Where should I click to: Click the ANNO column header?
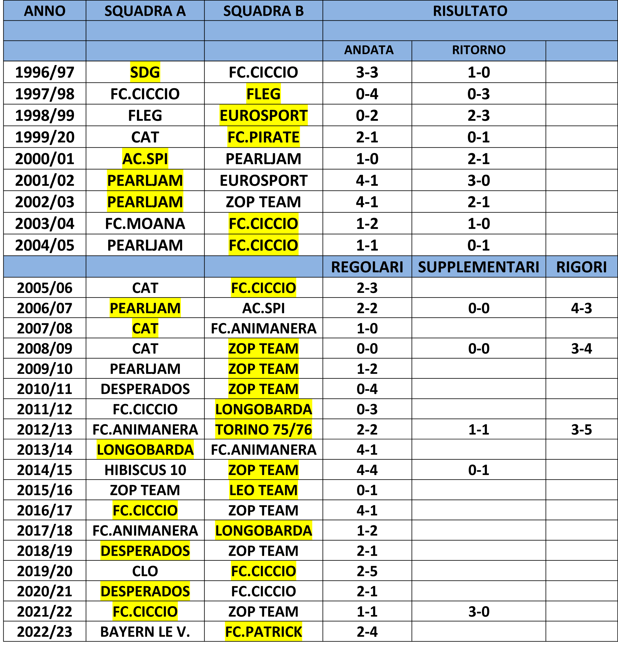45,11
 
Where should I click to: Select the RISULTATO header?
470,11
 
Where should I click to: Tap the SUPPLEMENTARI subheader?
479,267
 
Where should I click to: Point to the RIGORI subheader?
582,267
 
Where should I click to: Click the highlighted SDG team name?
145,72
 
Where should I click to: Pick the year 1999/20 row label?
45,137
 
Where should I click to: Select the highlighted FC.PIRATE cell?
264,137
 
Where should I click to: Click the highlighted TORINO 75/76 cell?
264,430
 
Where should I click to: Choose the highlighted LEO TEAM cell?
264,490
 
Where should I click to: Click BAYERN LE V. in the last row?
145,632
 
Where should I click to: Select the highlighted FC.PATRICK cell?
264,632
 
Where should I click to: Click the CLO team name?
145,571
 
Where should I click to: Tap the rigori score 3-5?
582,430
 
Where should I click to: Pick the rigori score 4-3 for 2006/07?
582,308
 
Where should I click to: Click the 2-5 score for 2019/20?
367,571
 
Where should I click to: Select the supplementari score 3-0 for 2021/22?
479,611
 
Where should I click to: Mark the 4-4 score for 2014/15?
367,470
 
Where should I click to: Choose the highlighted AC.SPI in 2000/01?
145,159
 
